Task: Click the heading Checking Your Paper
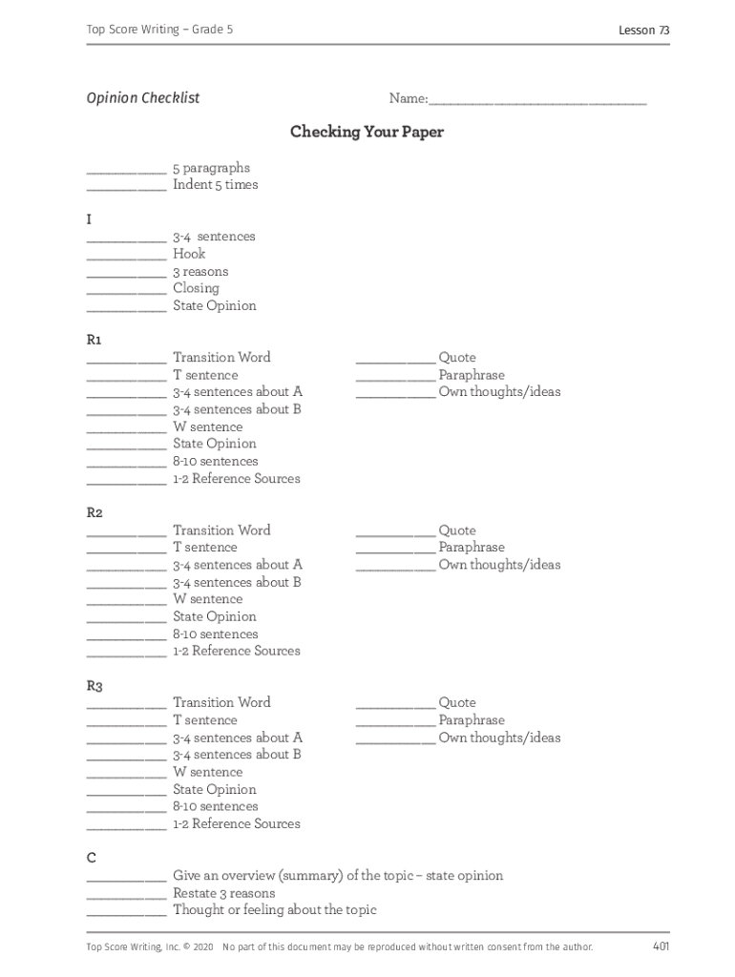(367, 132)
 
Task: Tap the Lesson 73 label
(643, 31)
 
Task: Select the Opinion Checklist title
(143, 98)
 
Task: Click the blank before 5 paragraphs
(126, 172)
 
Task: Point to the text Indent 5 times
(215, 185)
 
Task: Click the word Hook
(189, 254)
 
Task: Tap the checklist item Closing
(196, 288)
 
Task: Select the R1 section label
(94, 340)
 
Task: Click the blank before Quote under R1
(395, 362)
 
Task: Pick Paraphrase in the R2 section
(472, 548)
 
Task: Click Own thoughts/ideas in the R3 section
(499, 738)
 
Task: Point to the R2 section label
(94, 512)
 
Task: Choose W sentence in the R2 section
(207, 599)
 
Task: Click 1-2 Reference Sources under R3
(236, 823)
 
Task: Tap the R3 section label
(94, 685)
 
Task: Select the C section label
(92, 858)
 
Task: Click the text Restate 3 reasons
(223, 893)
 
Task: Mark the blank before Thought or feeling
(126, 914)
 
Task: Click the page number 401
(661, 946)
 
